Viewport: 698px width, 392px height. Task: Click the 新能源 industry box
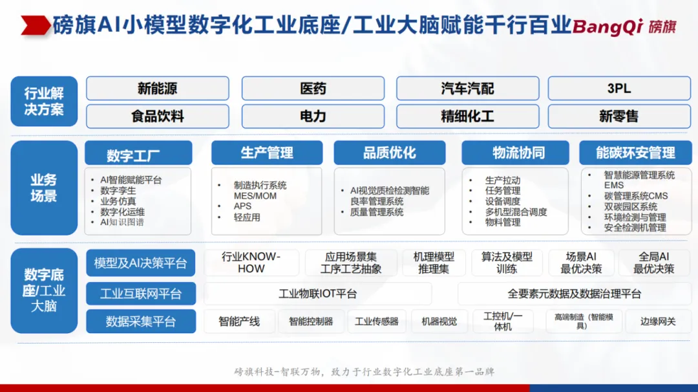pos(158,88)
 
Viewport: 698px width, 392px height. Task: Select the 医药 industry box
pos(313,88)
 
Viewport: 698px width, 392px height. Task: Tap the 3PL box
pos(619,88)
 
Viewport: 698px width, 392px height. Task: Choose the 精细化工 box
pos(467,116)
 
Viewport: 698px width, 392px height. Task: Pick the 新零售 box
pos(619,116)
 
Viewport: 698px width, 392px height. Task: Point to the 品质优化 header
pos(390,153)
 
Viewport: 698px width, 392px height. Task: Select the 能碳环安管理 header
pos(635,153)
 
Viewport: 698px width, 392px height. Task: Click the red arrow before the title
pos(36,25)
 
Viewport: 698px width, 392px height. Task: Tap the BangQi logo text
pos(608,27)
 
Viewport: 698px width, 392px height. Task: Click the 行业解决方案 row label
pos(44,102)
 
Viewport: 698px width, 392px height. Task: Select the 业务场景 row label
pos(44,188)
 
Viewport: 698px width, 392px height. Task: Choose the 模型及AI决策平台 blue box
pos(141,263)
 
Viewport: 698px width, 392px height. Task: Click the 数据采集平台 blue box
pos(141,321)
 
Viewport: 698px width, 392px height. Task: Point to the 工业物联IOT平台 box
pos(318,294)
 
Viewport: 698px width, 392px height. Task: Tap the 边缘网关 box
pos(658,321)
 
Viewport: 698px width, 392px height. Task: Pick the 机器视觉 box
pos(439,321)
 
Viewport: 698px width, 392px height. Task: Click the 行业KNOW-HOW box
pos(251,263)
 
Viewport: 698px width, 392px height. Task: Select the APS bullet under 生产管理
pos(242,206)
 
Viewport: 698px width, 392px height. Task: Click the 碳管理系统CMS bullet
pos(636,196)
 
